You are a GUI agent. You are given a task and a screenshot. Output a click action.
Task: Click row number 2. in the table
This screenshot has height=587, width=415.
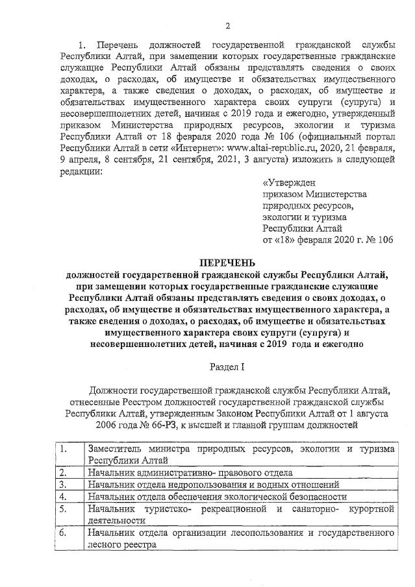[x=63, y=473]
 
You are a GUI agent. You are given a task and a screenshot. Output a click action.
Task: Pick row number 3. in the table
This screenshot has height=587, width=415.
[x=63, y=485]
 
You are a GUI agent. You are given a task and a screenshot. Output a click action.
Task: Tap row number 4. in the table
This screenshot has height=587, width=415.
[x=63, y=496]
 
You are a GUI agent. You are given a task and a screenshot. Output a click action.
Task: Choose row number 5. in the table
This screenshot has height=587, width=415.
[x=63, y=509]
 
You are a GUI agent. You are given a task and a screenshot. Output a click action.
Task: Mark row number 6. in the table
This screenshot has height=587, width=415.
[x=63, y=533]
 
